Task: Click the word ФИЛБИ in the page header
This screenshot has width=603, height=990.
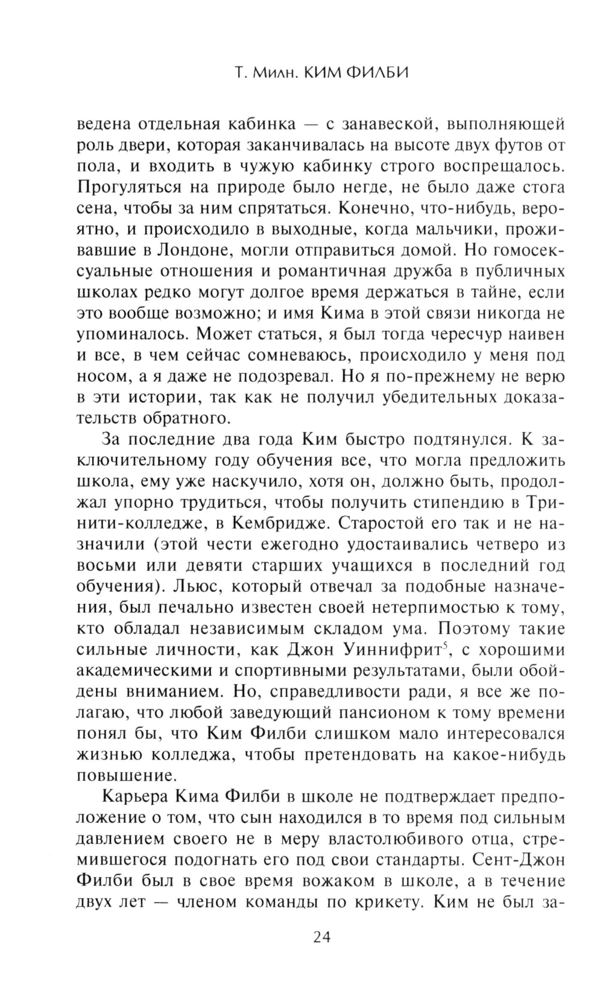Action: tap(369, 74)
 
